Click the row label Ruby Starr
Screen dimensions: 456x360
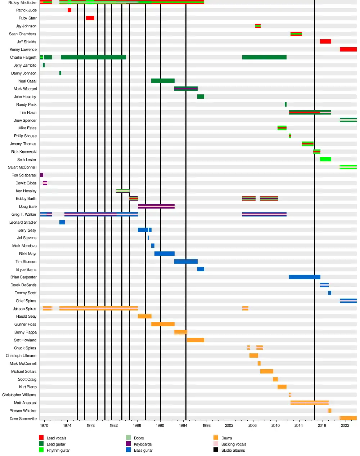[28, 18]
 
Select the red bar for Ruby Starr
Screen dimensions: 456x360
[90, 18]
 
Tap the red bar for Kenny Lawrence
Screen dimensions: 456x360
[348, 49]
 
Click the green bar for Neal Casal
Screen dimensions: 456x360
[163, 81]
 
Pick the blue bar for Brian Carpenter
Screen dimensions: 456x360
[305, 277]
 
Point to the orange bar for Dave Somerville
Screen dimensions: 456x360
[348, 418]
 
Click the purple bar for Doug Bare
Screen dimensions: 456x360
[156, 206]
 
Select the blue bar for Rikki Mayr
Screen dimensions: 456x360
[165, 254]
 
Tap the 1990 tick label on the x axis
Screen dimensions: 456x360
[160, 425]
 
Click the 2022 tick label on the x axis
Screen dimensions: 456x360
[345, 425]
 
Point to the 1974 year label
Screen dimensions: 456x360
[67, 425]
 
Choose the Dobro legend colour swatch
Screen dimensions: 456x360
[128, 438]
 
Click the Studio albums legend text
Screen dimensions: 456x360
[233, 450]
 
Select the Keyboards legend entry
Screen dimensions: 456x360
[143, 444]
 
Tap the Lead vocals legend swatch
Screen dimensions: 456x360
[41, 438]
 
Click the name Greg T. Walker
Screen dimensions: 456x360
[24, 214]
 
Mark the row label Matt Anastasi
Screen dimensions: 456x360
[25, 403]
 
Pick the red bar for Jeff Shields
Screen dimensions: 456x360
[325, 41]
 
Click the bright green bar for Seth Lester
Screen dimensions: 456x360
[325, 159]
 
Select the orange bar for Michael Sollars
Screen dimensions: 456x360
[267, 371]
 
